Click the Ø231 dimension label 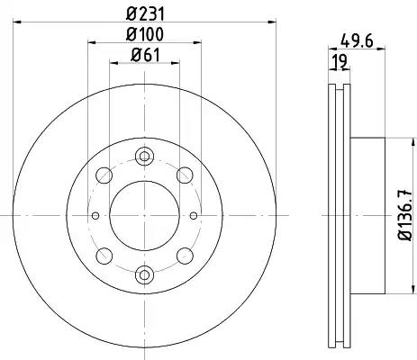click(145, 14)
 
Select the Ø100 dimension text click(145, 34)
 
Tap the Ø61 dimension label click(145, 55)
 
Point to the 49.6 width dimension click(357, 40)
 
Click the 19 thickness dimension click(340, 61)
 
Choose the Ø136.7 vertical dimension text click(405, 215)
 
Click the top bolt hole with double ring click(144, 156)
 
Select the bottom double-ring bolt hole click(144, 274)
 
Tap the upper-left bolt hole click(104, 175)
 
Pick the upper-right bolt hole click(185, 175)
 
